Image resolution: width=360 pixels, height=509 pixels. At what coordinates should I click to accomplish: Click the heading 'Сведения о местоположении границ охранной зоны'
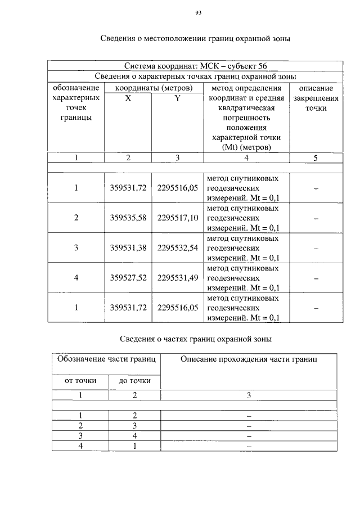195,39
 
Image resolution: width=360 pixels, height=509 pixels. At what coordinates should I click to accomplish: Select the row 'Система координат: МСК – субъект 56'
194,66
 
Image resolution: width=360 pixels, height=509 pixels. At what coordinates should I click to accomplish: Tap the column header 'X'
128,98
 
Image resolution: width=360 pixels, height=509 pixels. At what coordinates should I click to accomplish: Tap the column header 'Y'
177,98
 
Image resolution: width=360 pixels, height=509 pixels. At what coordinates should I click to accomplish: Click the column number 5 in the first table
316,158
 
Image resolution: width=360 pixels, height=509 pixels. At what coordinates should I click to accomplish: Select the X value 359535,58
128,218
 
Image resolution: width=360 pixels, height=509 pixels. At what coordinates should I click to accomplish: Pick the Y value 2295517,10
178,218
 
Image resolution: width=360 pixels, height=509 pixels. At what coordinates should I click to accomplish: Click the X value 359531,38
128,247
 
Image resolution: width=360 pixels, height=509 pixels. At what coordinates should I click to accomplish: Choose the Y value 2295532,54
178,247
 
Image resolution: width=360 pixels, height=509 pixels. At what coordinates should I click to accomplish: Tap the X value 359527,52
128,277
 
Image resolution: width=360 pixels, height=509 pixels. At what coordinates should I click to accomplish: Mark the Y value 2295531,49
178,277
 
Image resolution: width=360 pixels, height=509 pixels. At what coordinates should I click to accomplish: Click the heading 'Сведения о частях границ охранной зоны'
196,339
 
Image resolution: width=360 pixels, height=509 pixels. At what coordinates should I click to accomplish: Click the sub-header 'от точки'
80,381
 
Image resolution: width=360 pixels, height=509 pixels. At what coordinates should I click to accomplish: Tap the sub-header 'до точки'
135,381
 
